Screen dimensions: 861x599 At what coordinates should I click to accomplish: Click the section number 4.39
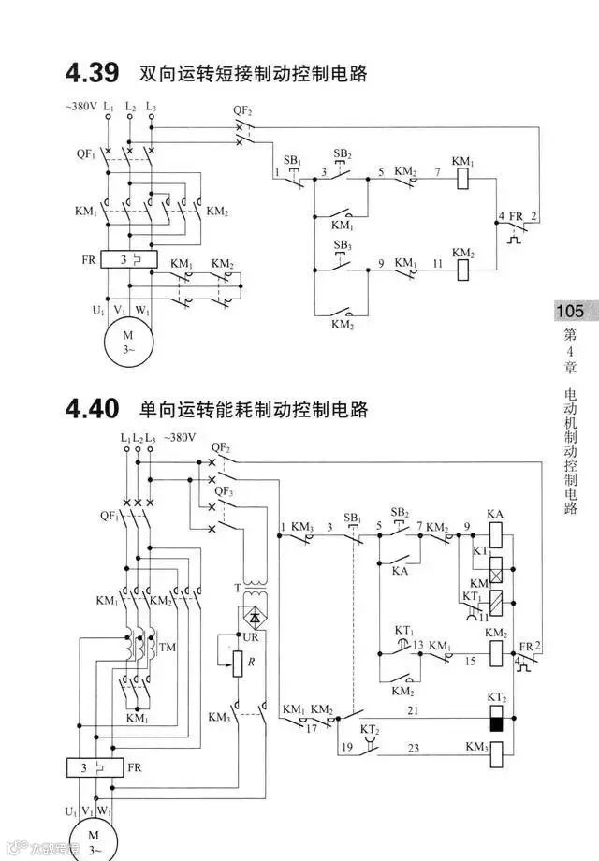click(x=92, y=72)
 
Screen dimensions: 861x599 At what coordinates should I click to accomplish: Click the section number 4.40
click(x=92, y=409)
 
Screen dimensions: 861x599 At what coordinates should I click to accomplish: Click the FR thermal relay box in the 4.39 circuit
click(x=128, y=259)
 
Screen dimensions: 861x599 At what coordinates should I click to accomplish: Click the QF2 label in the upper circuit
click(x=242, y=111)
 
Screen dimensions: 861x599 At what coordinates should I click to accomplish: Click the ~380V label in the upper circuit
click(x=82, y=106)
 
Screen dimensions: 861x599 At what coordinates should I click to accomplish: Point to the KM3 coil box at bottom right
click(x=497, y=749)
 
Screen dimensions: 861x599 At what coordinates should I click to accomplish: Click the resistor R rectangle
click(x=239, y=664)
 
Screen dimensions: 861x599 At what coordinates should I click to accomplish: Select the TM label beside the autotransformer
click(x=168, y=648)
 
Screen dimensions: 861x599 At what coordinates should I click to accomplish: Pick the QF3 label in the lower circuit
click(x=223, y=490)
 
